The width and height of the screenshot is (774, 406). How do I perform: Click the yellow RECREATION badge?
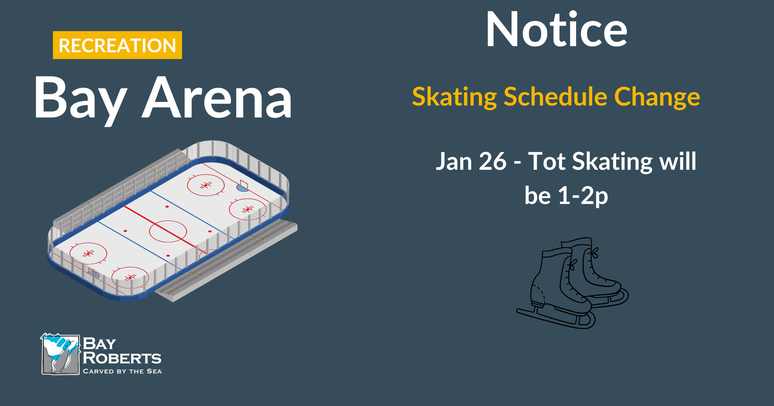[x=117, y=45]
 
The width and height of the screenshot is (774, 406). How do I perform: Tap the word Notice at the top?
[x=556, y=29]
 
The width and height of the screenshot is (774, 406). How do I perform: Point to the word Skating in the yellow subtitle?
[x=454, y=97]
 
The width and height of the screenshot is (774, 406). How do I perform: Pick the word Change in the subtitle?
[x=657, y=97]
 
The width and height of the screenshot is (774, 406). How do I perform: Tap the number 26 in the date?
[x=493, y=161]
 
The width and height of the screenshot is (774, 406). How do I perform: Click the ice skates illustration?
[x=572, y=283]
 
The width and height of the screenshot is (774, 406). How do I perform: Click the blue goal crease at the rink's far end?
[x=242, y=188]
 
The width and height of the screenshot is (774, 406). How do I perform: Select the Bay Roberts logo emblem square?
[x=60, y=354]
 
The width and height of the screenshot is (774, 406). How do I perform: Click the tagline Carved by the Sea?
[x=122, y=371]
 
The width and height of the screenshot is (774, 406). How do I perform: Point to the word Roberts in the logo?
[x=122, y=358]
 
